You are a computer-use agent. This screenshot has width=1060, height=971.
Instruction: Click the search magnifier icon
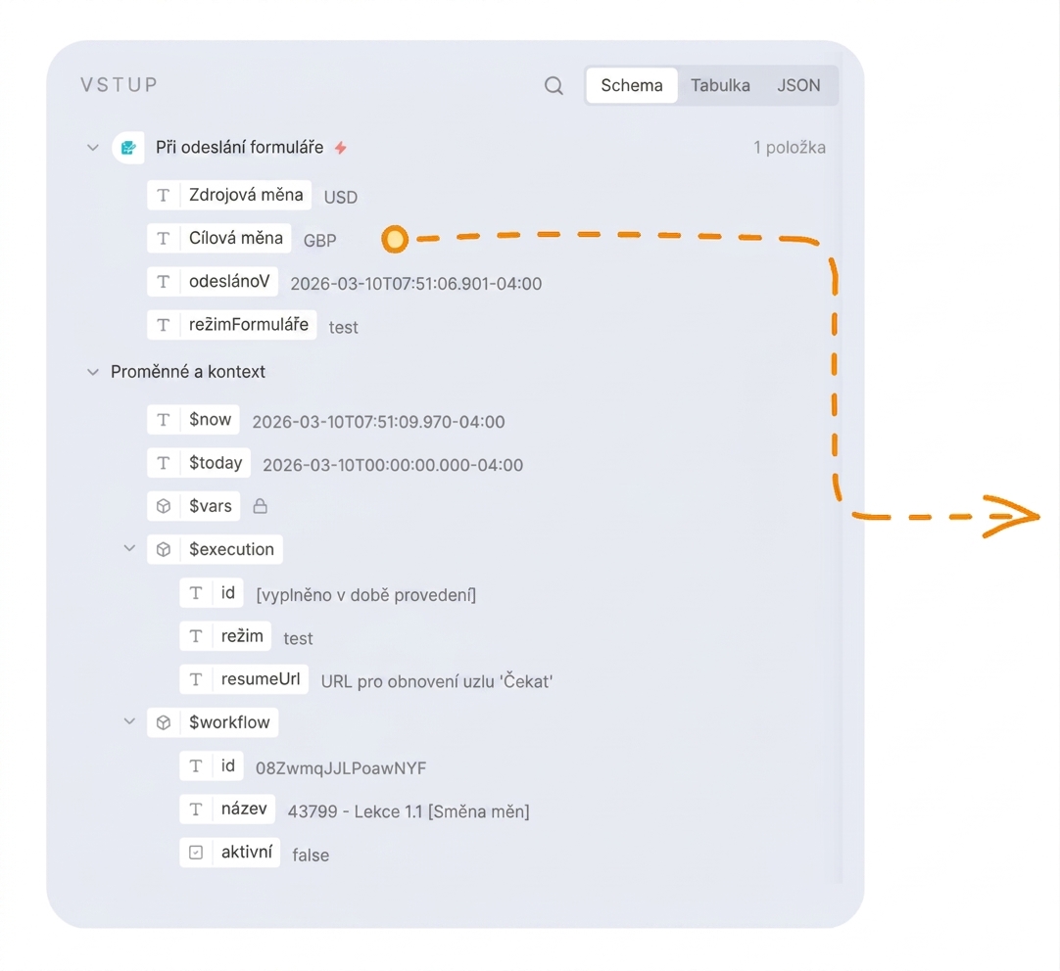pos(554,86)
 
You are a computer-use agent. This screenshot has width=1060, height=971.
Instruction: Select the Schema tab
pos(632,86)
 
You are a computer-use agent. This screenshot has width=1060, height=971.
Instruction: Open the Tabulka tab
pos(720,86)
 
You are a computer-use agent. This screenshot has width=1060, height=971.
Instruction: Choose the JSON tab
pos(798,86)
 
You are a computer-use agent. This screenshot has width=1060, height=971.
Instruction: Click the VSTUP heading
pos(119,84)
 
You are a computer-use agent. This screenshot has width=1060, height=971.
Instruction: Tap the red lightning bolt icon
pos(341,147)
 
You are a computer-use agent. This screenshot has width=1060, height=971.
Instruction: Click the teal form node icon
pos(128,147)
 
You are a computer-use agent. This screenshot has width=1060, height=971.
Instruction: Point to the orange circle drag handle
pos(395,239)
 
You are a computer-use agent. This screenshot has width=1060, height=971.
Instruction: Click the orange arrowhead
pos(1011,517)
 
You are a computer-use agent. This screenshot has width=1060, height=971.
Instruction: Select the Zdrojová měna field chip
pos(229,195)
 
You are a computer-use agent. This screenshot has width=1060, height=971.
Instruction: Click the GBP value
pos(319,241)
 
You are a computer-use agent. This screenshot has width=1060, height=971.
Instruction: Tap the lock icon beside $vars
pos(261,506)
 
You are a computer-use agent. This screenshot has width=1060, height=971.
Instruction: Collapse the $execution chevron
pos(129,548)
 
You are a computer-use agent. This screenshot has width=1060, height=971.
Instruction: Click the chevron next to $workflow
pos(129,721)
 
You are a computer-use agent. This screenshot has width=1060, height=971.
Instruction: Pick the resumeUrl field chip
pos(244,679)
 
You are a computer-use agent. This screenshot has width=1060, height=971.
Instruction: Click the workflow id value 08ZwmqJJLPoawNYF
pos(341,768)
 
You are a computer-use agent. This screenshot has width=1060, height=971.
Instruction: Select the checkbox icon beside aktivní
pos(196,853)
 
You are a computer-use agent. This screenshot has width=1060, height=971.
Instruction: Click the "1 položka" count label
pos(790,147)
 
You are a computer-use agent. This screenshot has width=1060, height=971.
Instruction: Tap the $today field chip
pos(199,463)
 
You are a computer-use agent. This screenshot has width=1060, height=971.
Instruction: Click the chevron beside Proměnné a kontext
pos(93,371)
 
